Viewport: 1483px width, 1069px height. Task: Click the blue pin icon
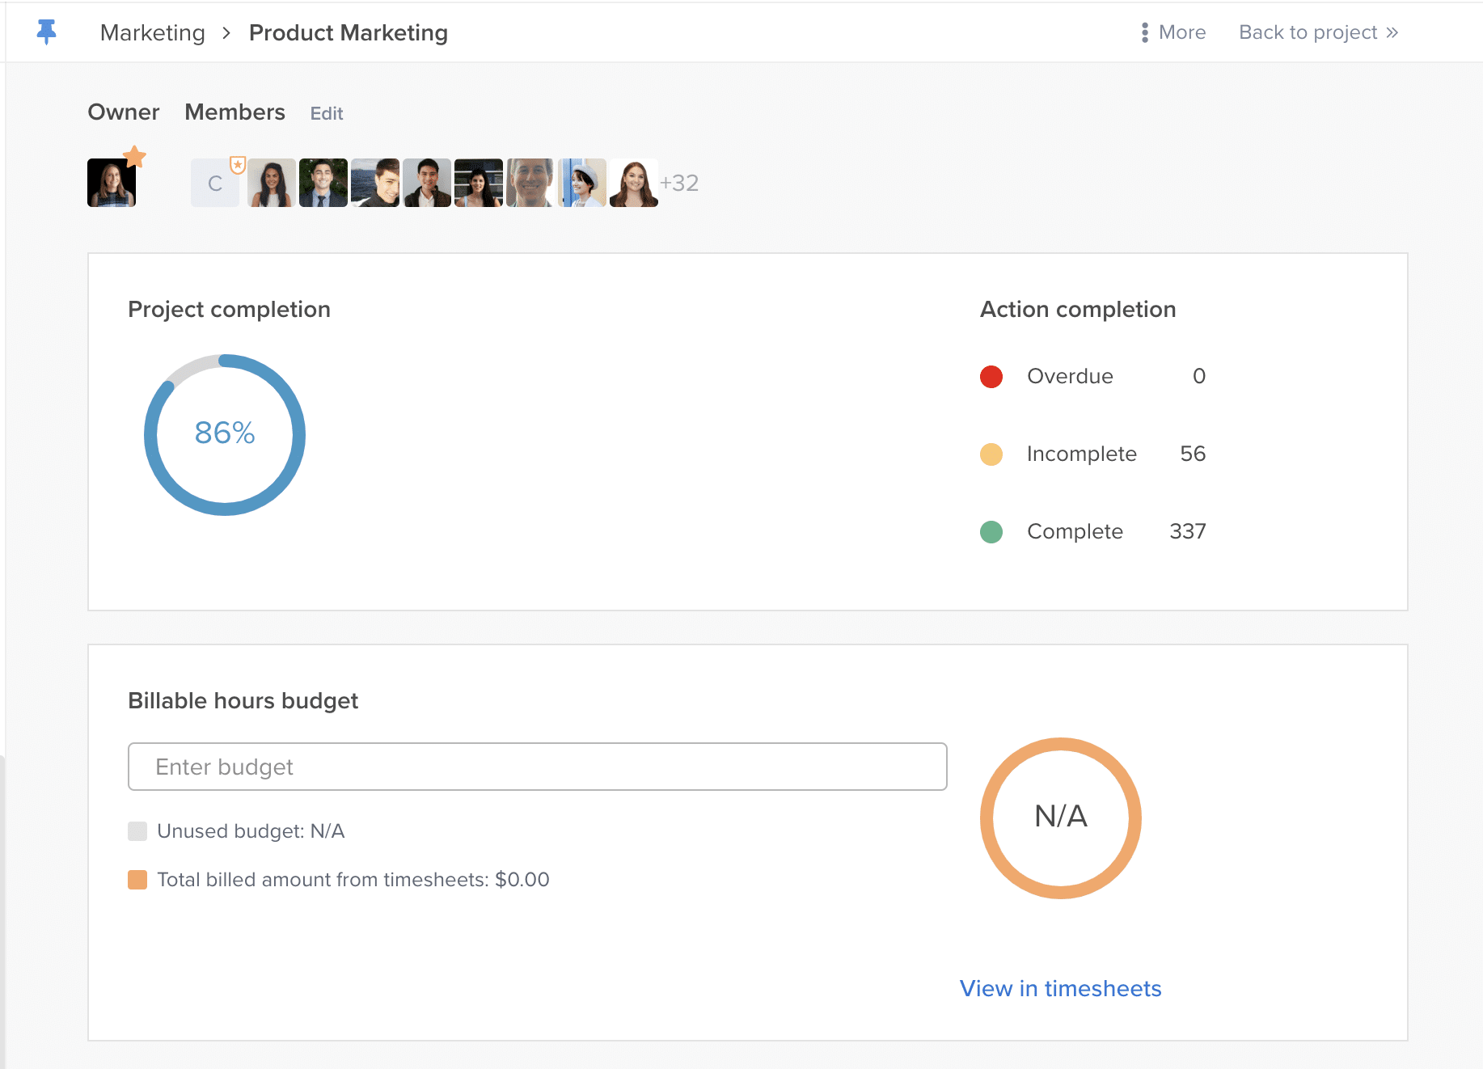coord(47,32)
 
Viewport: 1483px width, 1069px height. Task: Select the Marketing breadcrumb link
coord(152,32)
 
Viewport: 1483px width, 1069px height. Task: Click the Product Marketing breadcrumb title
coord(348,32)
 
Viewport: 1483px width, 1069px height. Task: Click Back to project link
coord(1317,32)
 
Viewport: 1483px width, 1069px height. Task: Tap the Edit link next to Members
coord(327,113)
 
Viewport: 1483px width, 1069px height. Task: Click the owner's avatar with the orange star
coord(112,183)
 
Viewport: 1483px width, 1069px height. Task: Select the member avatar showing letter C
coord(214,183)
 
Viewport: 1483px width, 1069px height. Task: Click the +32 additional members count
coord(679,183)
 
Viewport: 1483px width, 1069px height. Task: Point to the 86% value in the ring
coord(225,433)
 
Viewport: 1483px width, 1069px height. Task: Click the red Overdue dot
coord(991,377)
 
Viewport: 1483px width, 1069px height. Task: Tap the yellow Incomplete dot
coord(991,454)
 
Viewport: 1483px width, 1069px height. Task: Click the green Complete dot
coord(991,532)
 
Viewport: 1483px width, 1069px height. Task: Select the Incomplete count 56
coord(1193,454)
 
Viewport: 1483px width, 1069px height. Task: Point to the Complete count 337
coord(1187,531)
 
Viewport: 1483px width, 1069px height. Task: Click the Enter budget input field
coord(537,767)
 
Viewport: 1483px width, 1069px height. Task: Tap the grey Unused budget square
coord(137,831)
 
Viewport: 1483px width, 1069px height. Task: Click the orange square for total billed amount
coord(137,880)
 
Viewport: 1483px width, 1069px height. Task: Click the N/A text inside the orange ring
coord(1060,817)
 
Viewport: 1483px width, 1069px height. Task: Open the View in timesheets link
coord(1060,988)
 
